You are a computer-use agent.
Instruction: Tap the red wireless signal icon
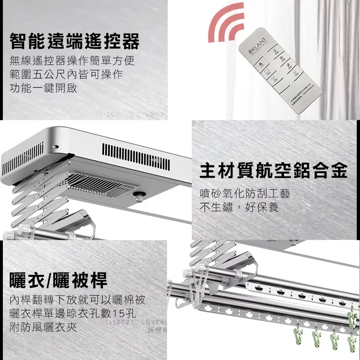[227, 24]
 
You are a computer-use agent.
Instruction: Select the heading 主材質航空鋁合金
[273, 170]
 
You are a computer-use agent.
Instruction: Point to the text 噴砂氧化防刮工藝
[245, 194]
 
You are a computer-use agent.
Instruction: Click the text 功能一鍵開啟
[43, 88]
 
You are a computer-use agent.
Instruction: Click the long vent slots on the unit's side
[135, 156]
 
